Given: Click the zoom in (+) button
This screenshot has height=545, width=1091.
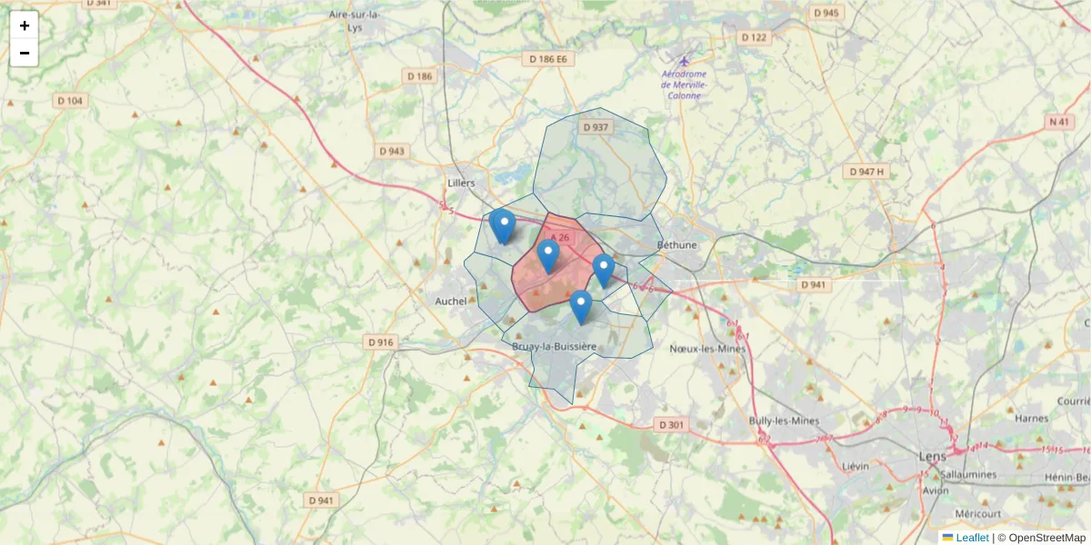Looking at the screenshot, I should pyautogui.click(x=24, y=25).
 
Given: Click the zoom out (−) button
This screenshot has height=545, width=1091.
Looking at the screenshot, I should pyautogui.click(x=24, y=53).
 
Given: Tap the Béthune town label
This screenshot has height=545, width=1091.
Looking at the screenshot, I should pyautogui.click(x=677, y=245).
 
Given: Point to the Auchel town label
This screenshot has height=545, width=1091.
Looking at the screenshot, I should pyautogui.click(x=451, y=301).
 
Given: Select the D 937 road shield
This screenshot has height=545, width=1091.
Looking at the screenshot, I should pyautogui.click(x=595, y=127).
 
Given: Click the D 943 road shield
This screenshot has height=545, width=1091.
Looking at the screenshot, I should pyautogui.click(x=392, y=151).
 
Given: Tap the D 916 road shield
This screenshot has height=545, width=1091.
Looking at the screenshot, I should pyautogui.click(x=381, y=342).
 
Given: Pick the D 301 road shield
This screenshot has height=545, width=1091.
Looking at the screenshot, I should pyautogui.click(x=670, y=424).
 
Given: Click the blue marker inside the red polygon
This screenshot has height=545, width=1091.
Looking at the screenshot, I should pyautogui.click(x=547, y=256).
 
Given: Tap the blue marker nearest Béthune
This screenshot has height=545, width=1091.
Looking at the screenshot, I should pyautogui.click(x=604, y=269).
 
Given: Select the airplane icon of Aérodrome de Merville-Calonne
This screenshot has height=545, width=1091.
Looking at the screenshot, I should pyautogui.click(x=684, y=61).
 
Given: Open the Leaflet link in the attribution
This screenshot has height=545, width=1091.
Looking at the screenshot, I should pyautogui.click(x=972, y=538).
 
